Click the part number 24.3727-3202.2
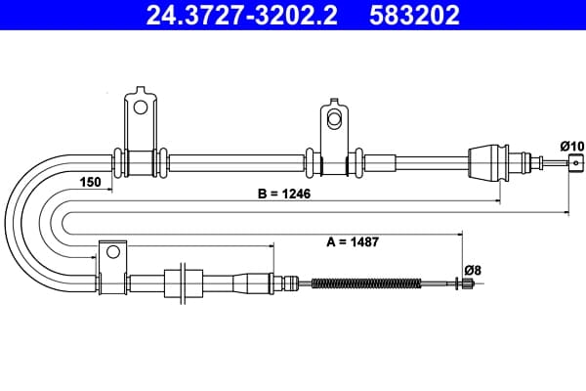242,15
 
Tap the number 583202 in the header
414,15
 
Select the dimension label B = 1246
284,194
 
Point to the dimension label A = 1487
353,242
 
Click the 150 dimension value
91,182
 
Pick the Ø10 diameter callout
571,146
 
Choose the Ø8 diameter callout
473,270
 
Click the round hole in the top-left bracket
141,108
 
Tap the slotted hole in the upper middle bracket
334,118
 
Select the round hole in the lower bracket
112,252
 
